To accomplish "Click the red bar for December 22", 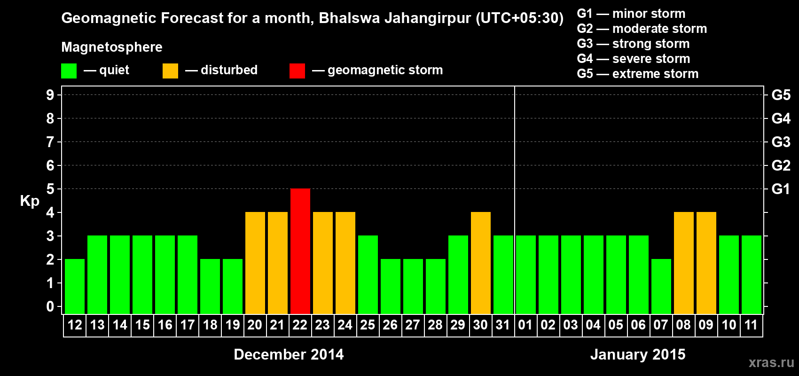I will coord(300,251).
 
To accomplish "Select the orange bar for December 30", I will coord(481,263).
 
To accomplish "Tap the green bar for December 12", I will coord(75,286).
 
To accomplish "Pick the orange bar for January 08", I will coord(684,263).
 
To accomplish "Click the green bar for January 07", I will coord(661,286).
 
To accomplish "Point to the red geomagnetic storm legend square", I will coord(297,71).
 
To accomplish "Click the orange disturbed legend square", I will coord(170,71).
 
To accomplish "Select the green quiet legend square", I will coord(69,71).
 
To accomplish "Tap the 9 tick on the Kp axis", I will coord(50,95).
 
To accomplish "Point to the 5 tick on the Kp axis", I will coord(50,189).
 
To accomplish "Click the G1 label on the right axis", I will coord(781,189).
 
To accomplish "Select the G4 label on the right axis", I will coord(781,118).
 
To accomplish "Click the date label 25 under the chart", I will coord(368,325).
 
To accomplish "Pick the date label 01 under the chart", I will coord(525,325).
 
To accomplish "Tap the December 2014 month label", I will coord(289,354).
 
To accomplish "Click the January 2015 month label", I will coord(638,354).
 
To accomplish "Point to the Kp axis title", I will coord(30,201).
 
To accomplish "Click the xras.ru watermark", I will coord(771,362).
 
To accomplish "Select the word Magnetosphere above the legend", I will coord(112,47).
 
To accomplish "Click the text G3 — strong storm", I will coord(633,44).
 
